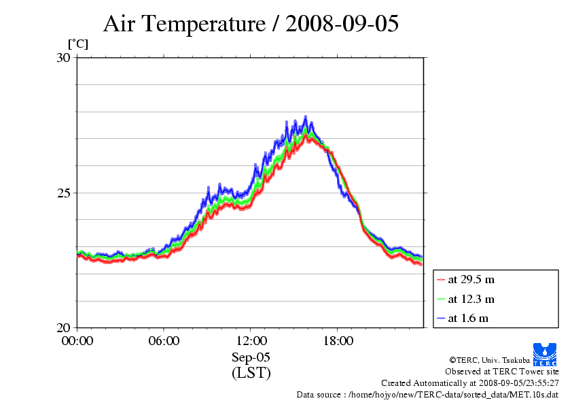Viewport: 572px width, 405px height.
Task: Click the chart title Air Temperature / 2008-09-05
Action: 251,24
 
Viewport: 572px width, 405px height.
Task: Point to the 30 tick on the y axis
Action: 63,58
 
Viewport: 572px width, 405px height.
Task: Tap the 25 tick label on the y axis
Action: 63,193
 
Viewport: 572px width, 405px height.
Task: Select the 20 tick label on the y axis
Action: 63,327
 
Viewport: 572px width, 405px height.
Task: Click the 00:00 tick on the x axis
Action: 77,340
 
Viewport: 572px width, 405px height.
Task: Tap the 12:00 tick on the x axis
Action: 251,340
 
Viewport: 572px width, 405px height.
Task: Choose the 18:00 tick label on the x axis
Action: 338,340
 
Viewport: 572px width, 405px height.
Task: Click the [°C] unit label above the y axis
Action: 77,44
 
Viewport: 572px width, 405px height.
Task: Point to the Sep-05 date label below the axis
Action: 251,357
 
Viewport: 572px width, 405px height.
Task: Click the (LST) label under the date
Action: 251,373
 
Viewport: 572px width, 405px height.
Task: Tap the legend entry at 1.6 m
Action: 468,318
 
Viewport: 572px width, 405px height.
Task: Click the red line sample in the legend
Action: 441,280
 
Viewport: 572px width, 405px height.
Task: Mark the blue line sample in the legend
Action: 441,318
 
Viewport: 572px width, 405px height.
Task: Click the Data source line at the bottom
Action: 427,395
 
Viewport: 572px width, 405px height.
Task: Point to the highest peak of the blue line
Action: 306,117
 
